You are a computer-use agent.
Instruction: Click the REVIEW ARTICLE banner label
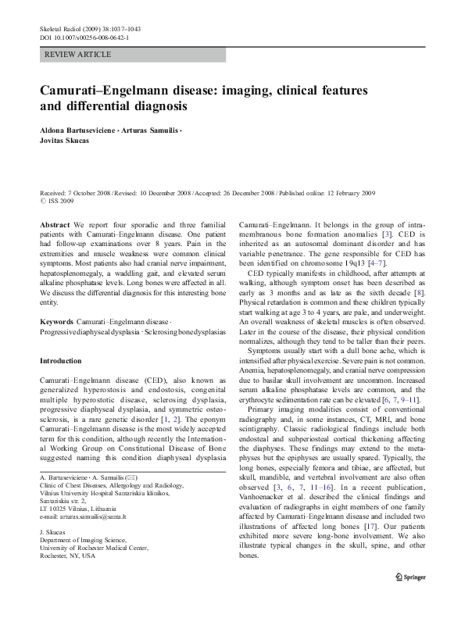coord(78,55)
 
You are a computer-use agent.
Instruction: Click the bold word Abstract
coord(54,223)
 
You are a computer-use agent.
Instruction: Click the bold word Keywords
coord(56,322)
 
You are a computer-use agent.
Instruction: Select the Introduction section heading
coord(60,361)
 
